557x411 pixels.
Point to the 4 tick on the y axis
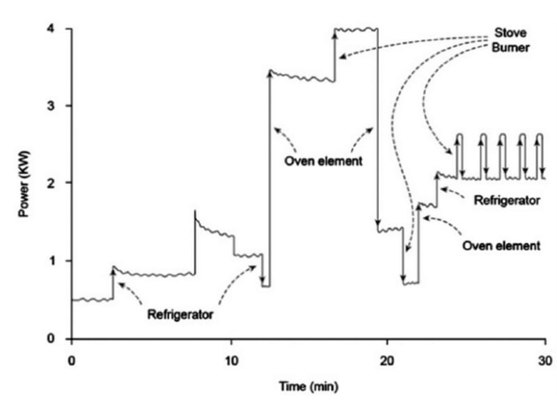tap(60, 29)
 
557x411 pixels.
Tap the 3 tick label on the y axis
tap(60, 107)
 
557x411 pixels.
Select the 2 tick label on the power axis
tap(60, 183)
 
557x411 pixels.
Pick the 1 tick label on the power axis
tap(60, 261)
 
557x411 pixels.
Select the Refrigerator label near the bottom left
tap(180, 315)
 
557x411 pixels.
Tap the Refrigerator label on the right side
tap(507, 201)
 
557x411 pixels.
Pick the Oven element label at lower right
tap(501, 245)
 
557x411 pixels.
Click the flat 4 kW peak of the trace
tap(356, 29)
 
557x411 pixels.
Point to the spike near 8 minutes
tap(195, 212)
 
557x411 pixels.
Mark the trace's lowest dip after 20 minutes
tap(410, 283)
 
